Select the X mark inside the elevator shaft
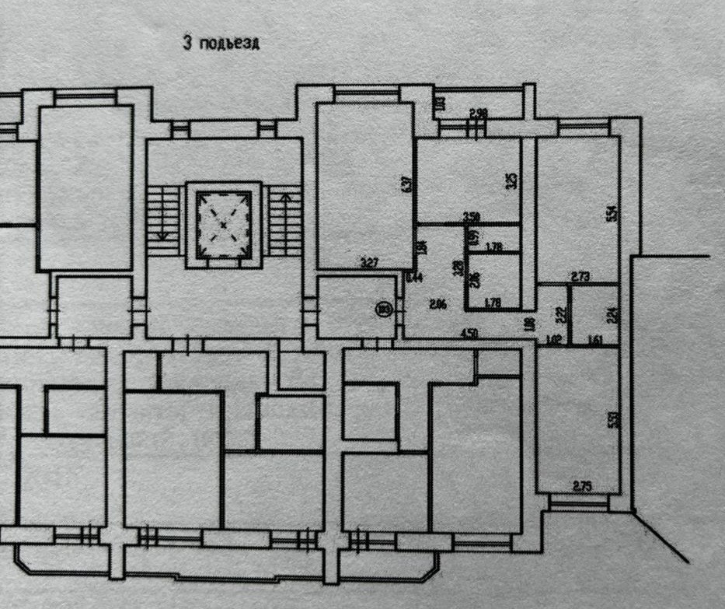[x=223, y=225]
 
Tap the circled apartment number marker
[x=383, y=308]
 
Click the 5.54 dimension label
[x=612, y=212]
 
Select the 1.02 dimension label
[x=554, y=338]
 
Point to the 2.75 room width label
[x=582, y=487]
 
